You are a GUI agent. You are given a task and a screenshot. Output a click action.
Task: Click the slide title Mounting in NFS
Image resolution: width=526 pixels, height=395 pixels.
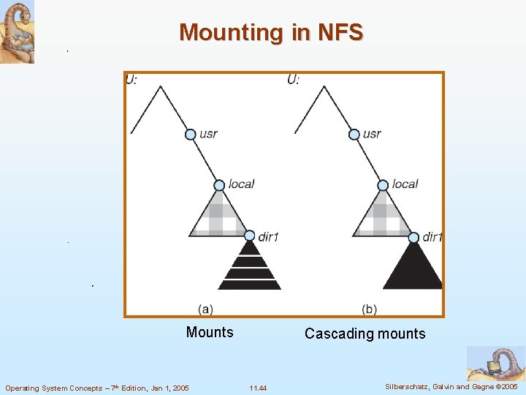[x=271, y=33]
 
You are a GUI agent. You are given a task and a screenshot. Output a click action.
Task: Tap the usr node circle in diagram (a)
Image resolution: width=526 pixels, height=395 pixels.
[x=190, y=134]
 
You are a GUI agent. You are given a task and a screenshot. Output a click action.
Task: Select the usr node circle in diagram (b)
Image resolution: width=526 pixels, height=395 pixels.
[x=354, y=134]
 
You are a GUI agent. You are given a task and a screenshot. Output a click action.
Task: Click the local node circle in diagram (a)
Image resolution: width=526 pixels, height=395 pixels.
[x=219, y=185]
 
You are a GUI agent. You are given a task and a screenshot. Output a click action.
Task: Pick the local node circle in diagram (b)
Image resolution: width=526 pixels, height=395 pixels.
[x=383, y=185]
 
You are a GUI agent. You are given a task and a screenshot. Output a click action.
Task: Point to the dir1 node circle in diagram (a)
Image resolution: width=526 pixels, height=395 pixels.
[x=250, y=236]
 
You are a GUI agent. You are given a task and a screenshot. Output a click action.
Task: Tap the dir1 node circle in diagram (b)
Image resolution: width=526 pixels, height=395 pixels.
[x=413, y=237]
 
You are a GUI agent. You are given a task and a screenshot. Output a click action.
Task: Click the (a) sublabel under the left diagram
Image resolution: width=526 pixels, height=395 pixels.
[x=206, y=309]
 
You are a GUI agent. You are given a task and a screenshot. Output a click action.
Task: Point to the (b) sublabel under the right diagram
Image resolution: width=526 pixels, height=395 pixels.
[x=370, y=309]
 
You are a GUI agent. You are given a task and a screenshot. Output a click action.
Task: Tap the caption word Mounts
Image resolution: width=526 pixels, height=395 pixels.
[x=210, y=333]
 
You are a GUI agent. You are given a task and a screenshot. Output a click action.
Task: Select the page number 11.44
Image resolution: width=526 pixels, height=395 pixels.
[x=258, y=388]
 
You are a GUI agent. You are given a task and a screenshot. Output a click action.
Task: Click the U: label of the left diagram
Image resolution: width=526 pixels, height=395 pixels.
[x=131, y=80]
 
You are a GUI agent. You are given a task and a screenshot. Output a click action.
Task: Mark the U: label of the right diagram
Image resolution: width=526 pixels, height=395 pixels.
[x=294, y=80]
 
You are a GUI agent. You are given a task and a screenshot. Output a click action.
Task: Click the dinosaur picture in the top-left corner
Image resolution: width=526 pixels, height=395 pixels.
[x=17, y=32]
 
